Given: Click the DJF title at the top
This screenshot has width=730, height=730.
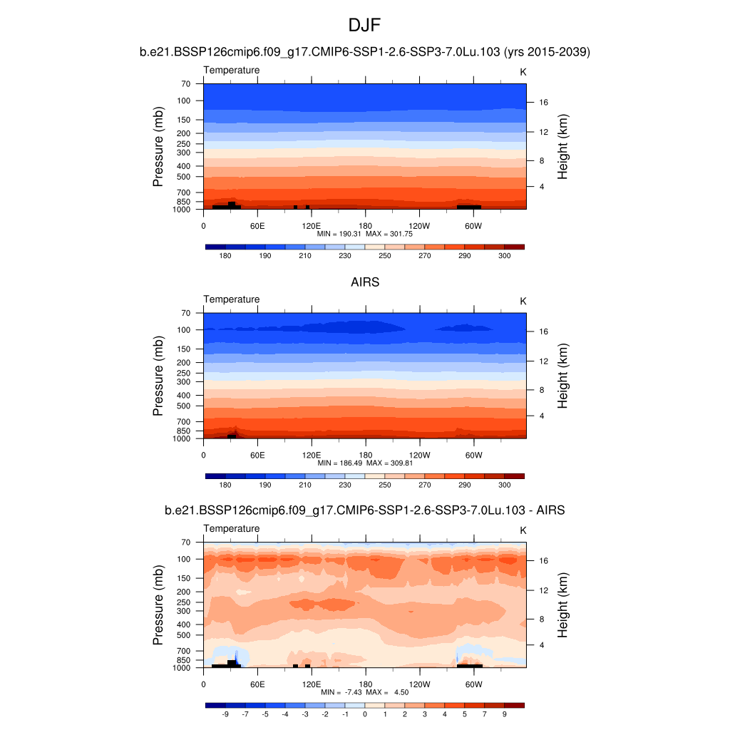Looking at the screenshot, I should pyautogui.click(x=364, y=26).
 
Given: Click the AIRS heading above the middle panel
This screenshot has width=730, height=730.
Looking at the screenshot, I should pyautogui.click(x=364, y=282).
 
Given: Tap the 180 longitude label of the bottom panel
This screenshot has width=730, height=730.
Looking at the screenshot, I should pyautogui.click(x=365, y=684).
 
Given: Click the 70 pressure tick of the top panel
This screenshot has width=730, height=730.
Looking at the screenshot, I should pyautogui.click(x=186, y=83).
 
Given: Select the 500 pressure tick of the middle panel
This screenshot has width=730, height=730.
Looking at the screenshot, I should pyautogui.click(x=184, y=406).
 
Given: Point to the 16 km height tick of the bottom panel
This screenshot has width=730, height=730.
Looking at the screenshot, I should pyautogui.click(x=543, y=560).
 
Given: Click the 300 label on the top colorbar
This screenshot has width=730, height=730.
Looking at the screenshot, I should pyautogui.click(x=504, y=255).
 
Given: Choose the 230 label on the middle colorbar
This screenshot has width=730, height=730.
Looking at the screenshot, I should pyautogui.click(x=345, y=485).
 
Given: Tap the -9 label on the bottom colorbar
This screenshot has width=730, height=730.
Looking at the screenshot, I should pyautogui.click(x=225, y=714).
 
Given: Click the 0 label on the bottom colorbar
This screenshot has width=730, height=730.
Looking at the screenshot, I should pyautogui.click(x=365, y=714).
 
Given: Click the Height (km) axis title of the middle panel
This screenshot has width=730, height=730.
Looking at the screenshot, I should pyautogui.click(x=562, y=376).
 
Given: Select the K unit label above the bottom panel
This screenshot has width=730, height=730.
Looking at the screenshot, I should pyautogui.click(x=523, y=530).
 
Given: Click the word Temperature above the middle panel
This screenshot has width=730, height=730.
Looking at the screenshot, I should pyautogui.click(x=232, y=299).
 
